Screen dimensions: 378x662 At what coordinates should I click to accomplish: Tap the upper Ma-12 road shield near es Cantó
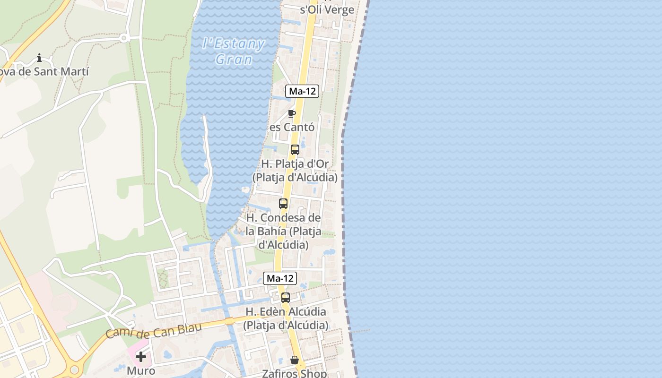click(302, 91)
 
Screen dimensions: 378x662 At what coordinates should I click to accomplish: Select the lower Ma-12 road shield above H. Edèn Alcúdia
click(280, 278)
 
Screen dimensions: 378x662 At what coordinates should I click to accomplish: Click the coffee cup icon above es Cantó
click(291, 113)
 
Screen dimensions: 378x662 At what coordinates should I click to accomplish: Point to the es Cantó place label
click(292, 127)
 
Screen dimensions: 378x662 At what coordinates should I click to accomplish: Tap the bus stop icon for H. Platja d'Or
click(295, 150)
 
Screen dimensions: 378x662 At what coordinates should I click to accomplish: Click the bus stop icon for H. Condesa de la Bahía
click(283, 204)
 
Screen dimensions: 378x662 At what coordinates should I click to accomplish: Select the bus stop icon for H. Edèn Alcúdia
click(285, 297)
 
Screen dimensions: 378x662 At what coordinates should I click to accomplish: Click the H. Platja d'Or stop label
click(295, 171)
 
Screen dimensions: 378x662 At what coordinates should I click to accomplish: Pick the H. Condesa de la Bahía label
click(283, 232)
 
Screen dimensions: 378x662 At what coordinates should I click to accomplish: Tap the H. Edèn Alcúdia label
click(286, 318)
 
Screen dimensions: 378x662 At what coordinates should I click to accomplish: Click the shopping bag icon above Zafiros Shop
click(295, 360)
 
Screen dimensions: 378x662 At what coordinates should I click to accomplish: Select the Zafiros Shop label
click(295, 373)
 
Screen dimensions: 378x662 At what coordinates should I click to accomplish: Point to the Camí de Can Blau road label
click(153, 329)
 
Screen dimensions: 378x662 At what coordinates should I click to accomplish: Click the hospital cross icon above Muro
click(141, 357)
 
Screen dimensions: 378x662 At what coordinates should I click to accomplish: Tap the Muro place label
click(141, 370)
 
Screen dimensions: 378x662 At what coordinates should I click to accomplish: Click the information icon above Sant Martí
click(39, 58)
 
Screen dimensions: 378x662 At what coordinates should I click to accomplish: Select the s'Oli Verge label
click(327, 9)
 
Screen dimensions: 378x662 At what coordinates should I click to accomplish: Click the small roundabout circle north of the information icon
click(124, 38)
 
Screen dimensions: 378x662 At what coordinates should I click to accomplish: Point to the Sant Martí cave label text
click(44, 71)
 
